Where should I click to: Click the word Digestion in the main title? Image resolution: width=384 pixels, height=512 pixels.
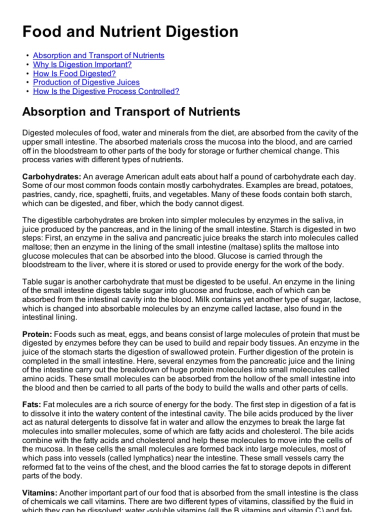tap(199, 32)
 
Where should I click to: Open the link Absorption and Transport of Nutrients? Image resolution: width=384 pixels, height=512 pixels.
tap(98, 55)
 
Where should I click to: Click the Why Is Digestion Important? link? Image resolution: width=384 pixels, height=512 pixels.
tap(82, 64)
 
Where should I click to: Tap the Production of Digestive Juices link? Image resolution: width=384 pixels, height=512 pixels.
tap(86, 82)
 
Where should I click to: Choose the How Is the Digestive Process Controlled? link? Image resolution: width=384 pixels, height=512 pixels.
tap(106, 91)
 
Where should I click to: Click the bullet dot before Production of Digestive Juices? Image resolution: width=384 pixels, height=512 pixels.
tap(26, 82)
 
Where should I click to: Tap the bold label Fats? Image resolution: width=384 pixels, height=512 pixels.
tap(32, 404)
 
